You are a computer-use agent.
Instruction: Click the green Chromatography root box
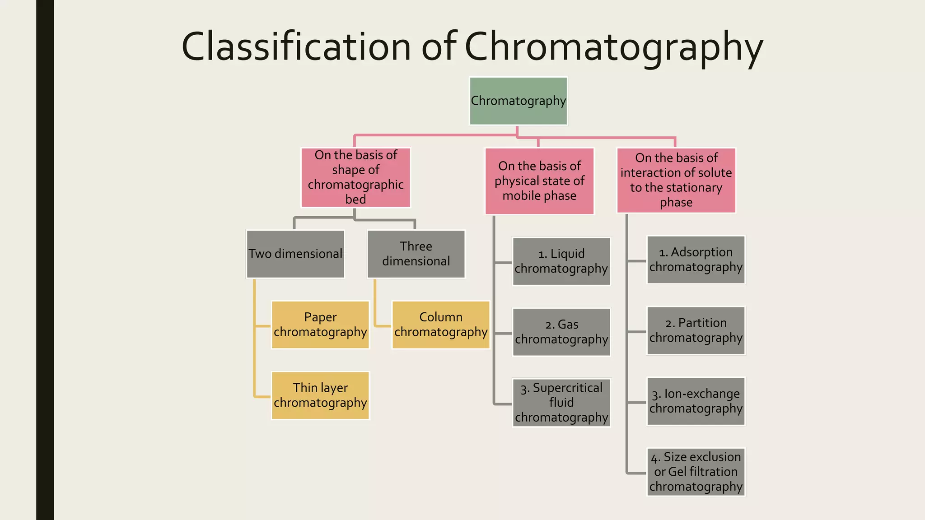point(518,101)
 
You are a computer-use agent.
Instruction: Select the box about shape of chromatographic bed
point(355,177)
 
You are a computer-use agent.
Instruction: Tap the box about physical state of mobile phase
point(539,181)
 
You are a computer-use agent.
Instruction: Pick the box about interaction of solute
point(676,180)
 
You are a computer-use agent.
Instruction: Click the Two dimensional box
point(295,254)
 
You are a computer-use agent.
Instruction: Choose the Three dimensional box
point(416,254)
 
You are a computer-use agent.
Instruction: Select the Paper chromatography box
point(320,325)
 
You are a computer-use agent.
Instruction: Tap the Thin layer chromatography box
point(320,395)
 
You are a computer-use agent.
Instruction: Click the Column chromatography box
point(441,325)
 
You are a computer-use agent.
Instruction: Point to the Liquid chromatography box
point(561,261)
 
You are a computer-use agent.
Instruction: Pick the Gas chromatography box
point(561,332)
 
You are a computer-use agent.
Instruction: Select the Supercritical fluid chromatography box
point(561,403)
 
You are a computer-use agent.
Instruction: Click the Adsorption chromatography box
point(696,260)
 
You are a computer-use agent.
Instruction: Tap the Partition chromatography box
point(696,330)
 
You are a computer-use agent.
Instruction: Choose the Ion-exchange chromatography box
point(696,401)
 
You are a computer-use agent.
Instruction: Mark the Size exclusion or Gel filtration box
point(696,472)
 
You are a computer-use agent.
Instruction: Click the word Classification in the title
point(296,46)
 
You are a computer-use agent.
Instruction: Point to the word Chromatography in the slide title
point(613,47)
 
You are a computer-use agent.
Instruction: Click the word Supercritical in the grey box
point(567,388)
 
